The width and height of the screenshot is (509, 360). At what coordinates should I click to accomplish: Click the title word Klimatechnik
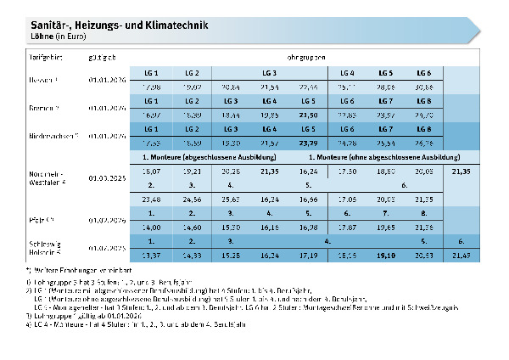[174, 25]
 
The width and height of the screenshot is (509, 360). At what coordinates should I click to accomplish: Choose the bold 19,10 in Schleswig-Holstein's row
[387, 253]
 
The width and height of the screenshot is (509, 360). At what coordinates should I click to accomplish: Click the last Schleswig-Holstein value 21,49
[461, 253]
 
